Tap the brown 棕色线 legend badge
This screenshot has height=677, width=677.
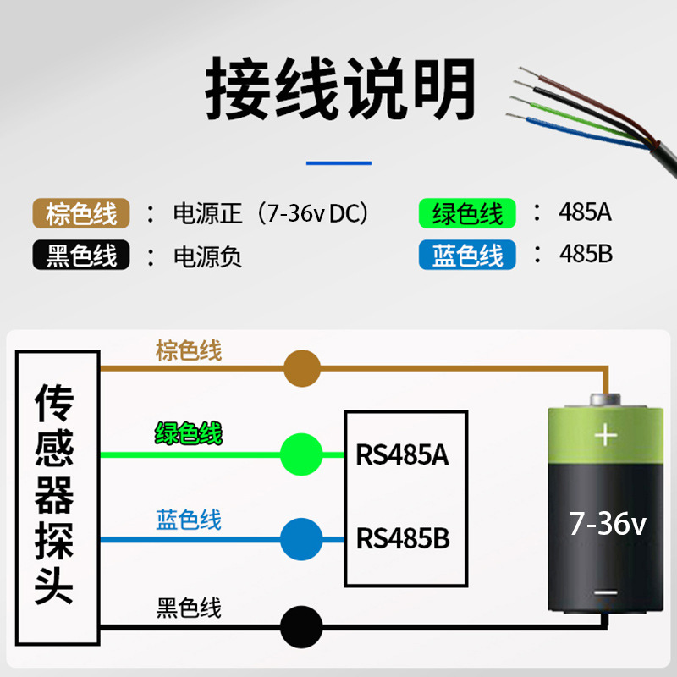click(x=81, y=212)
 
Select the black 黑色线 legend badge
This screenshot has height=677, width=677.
click(x=81, y=255)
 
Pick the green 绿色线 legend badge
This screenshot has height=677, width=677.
click(x=467, y=212)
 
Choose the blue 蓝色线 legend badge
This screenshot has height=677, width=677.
click(x=467, y=255)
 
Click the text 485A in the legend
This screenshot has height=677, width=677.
click(x=585, y=212)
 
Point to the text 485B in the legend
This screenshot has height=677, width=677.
click(x=585, y=254)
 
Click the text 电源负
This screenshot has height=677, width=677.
click(x=207, y=256)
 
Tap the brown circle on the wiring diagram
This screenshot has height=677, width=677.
click(x=301, y=369)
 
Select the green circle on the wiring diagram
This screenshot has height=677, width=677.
click(x=301, y=454)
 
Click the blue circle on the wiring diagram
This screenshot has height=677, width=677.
click(x=301, y=539)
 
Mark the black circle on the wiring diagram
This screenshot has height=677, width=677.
click(x=301, y=627)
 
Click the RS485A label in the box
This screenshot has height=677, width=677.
click(x=402, y=455)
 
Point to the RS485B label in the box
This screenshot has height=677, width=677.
click(x=403, y=538)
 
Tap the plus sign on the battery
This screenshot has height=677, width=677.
click(x=605, y=436)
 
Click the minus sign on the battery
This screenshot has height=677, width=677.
click(x=605, y=593)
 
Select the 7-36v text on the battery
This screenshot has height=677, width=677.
click(x=608, y=524)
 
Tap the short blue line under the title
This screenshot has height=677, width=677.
click(x=338, y=162)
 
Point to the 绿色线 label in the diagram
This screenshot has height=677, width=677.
click(x=189, y=435)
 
